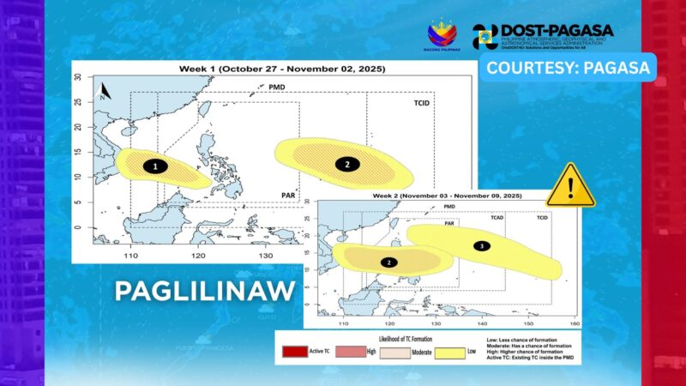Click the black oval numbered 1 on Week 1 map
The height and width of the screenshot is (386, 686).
155,166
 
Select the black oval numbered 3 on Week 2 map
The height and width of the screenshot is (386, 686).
481,246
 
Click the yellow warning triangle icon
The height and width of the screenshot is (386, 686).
570,186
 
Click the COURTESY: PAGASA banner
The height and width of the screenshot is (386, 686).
568,67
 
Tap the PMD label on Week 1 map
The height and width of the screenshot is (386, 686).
277,87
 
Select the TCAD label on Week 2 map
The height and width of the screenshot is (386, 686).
497,218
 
